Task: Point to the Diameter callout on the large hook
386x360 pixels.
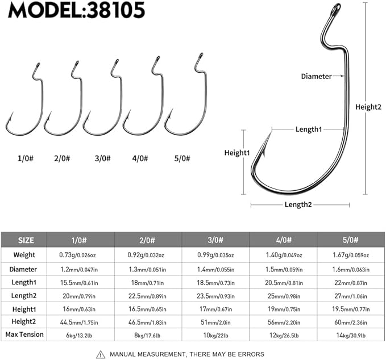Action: tap(316, 76)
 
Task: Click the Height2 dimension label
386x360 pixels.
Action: tap(368, 106)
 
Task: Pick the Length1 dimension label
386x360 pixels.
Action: tap(308, 129)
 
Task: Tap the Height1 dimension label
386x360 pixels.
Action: tap(237, 153)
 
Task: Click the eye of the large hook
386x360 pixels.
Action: tap(335, 9)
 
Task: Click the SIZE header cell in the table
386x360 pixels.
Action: tap(23, 240)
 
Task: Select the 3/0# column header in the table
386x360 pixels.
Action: tap(215, 240)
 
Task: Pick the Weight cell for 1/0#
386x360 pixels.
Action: tap(80, 256)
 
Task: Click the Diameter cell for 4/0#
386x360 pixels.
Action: tap(283, 270)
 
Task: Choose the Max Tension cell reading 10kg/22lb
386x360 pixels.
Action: tap(215, 335)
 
